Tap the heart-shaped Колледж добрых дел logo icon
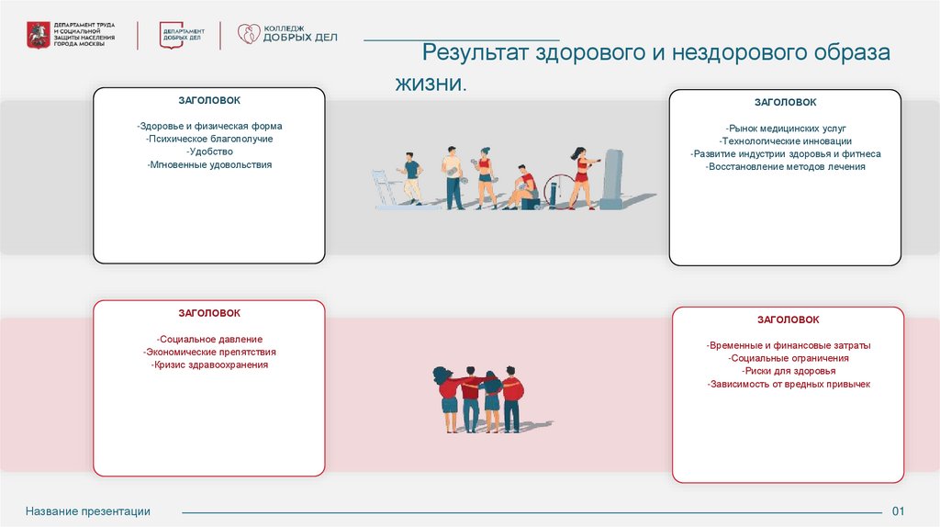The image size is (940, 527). [249, 34]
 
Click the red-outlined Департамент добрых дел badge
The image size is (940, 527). [184, 34]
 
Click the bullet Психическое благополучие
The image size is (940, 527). [209, 139]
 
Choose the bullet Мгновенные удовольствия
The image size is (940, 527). [209, 164]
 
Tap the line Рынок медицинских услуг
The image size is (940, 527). [785, 129]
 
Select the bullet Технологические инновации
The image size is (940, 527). [785, 141]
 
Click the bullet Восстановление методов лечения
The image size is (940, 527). [785, 167]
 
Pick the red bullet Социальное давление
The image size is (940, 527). [209, 339]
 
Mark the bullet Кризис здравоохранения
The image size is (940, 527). [209, 364]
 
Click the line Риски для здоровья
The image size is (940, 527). [789, 371]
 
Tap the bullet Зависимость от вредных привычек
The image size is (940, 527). [789, 384]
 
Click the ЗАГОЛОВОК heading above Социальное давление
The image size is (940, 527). [209, 313]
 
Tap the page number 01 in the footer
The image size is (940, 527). [899, 511]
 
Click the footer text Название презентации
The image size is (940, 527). [88, 511]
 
